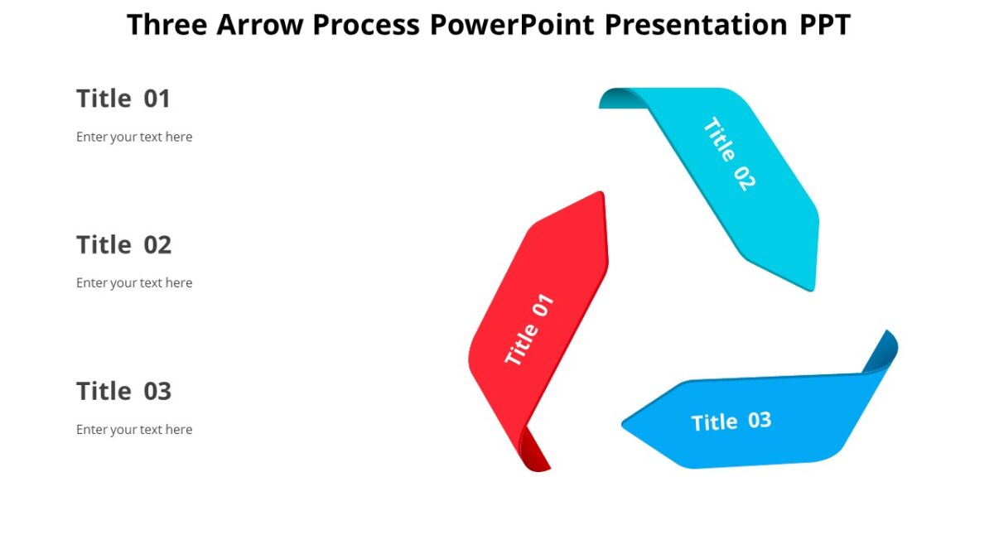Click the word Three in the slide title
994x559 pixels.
click(x=167, y=25)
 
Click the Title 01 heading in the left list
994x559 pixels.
click(x=123, y=99)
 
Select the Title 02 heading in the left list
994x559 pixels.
click(x=123, y=245)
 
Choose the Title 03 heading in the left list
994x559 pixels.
click(x=123, y=391)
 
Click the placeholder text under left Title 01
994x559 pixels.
click(x=134, y=137)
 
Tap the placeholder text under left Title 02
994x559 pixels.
click(x=134, y=282)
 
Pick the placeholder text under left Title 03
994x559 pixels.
click(x=134, y=429)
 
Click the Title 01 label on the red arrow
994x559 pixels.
click(x=529, y=330)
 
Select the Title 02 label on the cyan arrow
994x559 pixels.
click(x=729, y=154)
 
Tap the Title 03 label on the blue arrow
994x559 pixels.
click(x=731, y=422)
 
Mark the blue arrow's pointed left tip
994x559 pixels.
click(x=625, y=425)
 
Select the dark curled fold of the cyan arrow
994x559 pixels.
click(x=617, y=99)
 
